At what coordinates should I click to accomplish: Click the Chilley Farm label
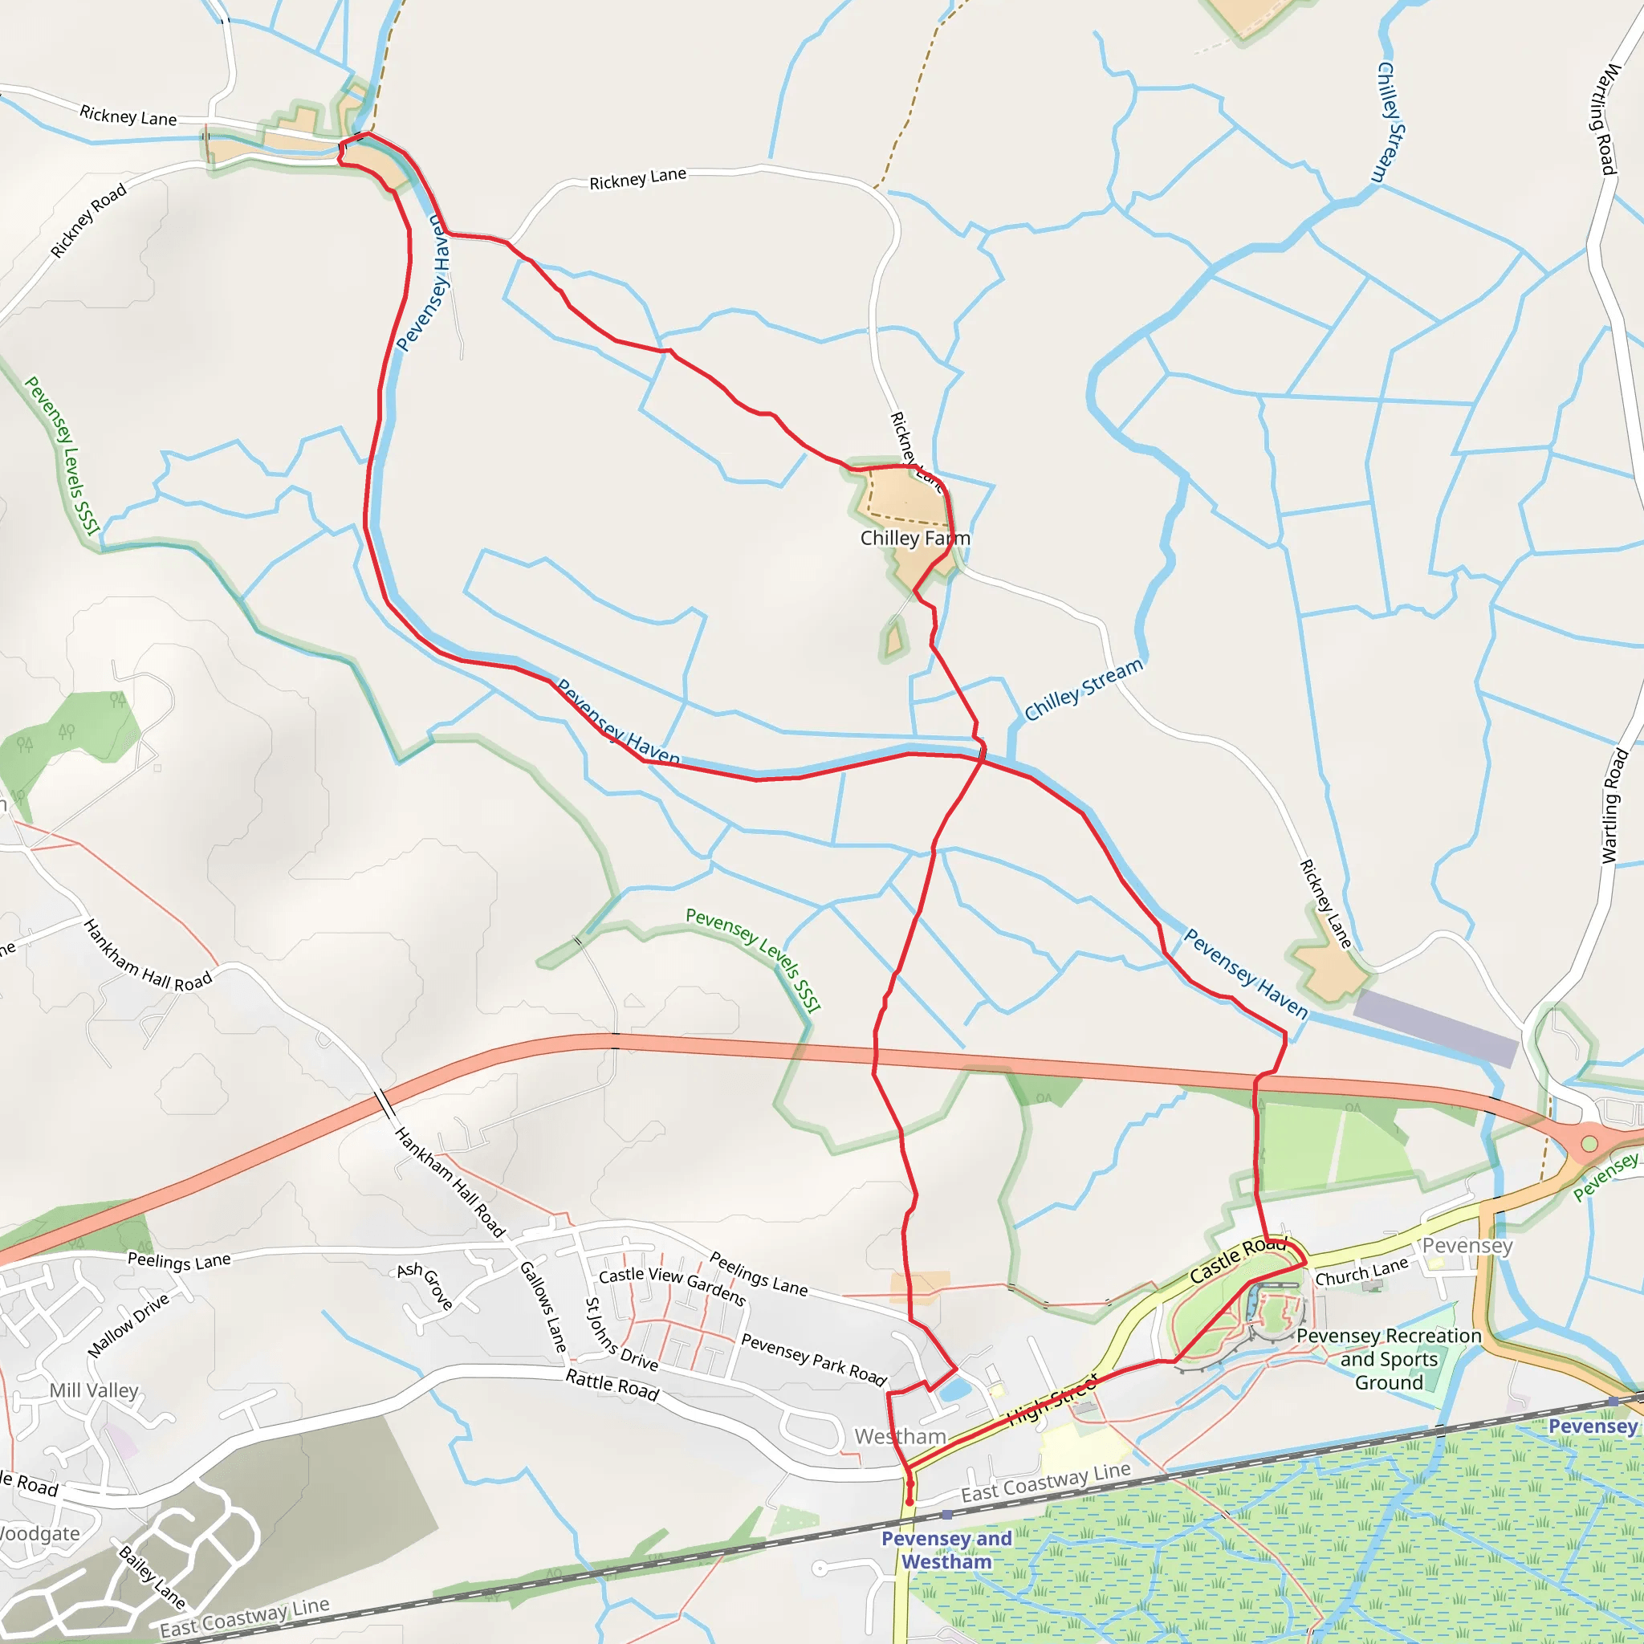coord(915,539)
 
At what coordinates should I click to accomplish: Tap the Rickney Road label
coord(87,221)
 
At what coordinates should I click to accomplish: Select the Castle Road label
coord(1236,1261)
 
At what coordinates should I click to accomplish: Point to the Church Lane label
coord(1361,1272)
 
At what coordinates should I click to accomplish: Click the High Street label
coord(1052,1401)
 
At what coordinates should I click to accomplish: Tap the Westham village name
coord(901,1436)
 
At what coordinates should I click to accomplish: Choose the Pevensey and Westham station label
coord(947,1549)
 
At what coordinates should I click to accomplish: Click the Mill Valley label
coord(94,1390)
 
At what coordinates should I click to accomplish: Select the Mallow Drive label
coord(128,1325)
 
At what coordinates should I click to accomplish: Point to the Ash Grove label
coord(425,1284)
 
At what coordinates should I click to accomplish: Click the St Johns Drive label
coord(621,1334)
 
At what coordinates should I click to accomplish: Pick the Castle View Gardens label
coord(672,1286)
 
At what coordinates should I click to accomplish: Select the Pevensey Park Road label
coord(813,1359)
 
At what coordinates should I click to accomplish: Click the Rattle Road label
coord(612,1386)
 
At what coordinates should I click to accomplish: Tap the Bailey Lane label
coord(153,1577)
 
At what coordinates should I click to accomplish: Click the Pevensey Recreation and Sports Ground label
coord(1389,1359)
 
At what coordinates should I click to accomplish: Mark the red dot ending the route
coord(909,1502)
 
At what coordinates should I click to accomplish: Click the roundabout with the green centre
coord(1589,1145)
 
